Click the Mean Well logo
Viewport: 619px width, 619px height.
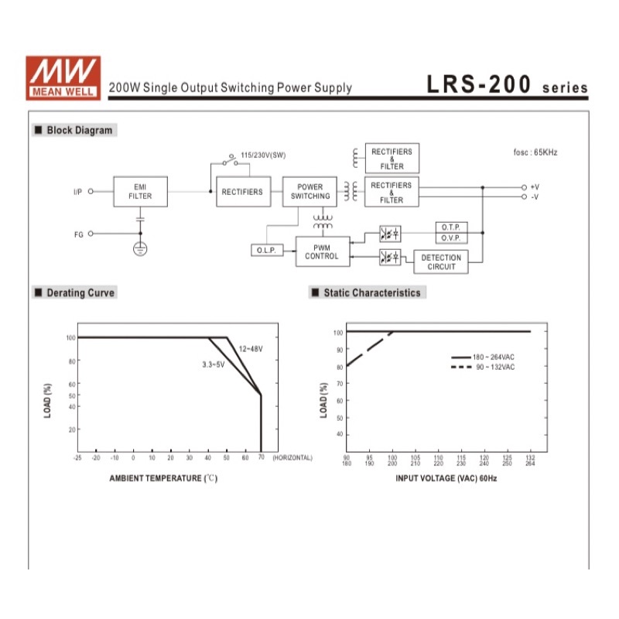63,78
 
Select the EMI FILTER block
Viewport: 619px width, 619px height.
141,191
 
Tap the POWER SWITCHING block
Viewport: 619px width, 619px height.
310,191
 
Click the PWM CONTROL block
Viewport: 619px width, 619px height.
323,251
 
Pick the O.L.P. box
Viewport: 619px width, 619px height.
267,250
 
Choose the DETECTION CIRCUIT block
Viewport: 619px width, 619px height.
441,262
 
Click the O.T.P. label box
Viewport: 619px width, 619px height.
452,227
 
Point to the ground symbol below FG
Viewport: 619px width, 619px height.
140,248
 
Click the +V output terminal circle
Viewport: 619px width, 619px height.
524,187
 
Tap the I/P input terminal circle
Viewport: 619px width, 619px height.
91,191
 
